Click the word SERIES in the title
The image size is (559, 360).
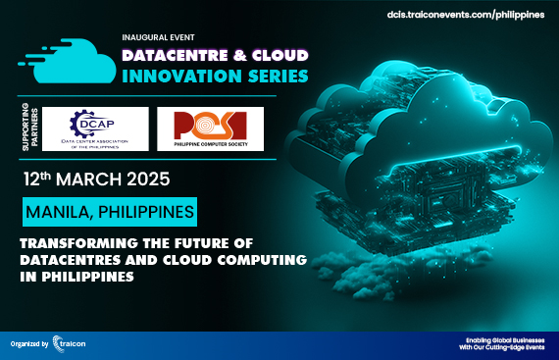[278, 76]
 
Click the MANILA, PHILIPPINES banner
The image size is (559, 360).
[109, 212]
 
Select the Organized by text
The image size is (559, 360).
[33, 345]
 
